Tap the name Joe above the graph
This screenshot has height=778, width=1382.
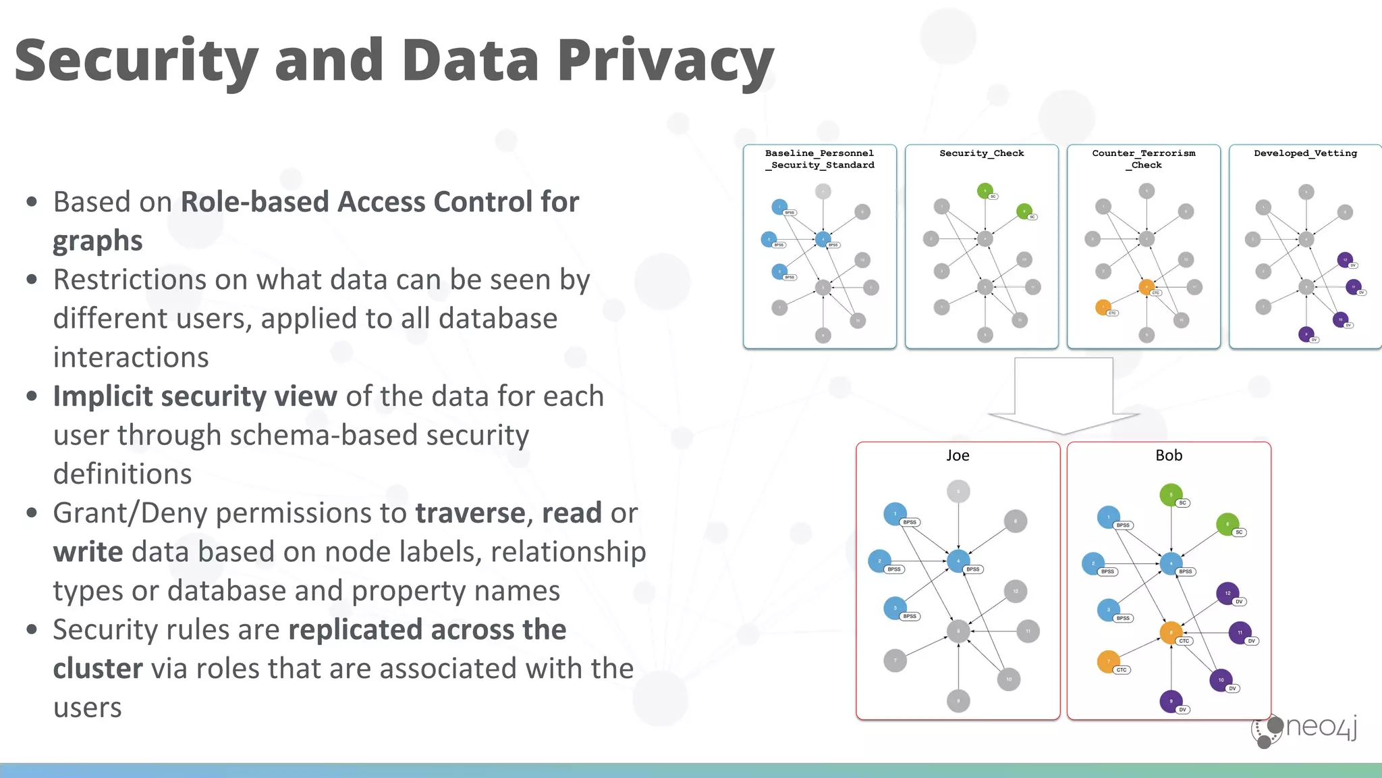coord(958,456)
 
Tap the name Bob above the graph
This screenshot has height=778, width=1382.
coord(1169,456)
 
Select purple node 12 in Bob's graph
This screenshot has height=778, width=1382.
coord(1227,593)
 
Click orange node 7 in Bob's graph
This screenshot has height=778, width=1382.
coord(1108,661)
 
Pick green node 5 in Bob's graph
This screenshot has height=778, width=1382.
coord(1171,495)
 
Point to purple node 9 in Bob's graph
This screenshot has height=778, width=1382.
coord(1171,701)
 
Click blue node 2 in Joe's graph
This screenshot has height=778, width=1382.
coord(879,561)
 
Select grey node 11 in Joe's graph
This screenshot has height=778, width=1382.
coord(1028,631)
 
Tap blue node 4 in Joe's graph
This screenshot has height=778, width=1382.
coord(958,561)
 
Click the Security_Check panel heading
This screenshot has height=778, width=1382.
coord(981,153)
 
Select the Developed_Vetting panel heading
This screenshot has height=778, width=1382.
coord(1305,153)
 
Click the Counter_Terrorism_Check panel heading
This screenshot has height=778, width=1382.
coord(1144,159)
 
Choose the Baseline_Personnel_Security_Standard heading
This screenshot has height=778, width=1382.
coord(819,159)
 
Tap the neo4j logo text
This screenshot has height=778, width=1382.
coord(1321,727)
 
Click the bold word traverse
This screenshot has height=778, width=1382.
coord(470,513)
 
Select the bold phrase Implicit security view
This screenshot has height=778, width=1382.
coord(195,396)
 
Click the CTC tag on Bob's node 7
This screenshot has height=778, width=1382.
coord(1121,670)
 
